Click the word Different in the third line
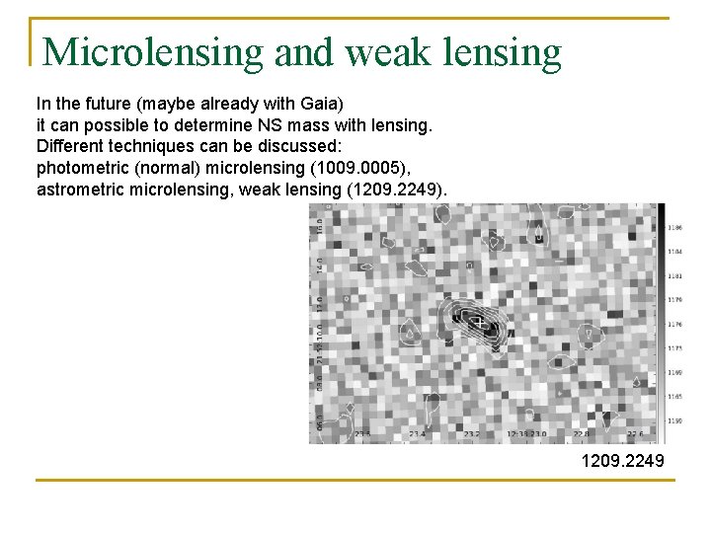click(x=71, y=144)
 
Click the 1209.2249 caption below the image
click(x=623, y=461)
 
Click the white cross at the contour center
click(x=477, y=322)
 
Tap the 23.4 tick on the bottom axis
click(x=417, y=433)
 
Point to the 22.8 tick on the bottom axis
click(x=582, y=433)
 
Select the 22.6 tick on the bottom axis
click(x=633, y=433)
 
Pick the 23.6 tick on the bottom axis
click(x=362, y=433)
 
